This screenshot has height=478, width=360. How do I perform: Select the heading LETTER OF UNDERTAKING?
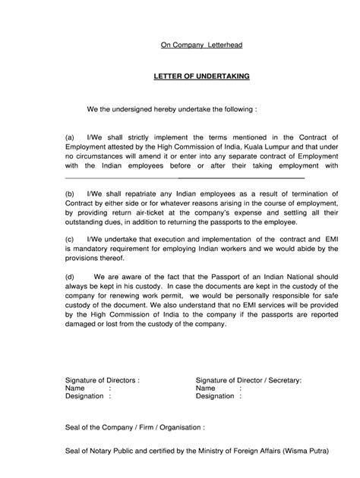pos(201,77)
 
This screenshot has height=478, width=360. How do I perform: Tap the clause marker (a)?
pos(71,138)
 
